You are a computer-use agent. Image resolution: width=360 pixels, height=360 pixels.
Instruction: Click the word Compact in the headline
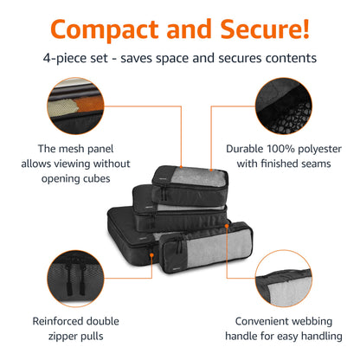[105, 29]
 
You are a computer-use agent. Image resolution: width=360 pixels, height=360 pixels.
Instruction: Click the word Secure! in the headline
[265, 29]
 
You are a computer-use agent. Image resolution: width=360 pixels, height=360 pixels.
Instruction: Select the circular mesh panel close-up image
[75, 106]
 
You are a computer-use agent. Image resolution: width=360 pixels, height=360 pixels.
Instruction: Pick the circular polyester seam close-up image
[284, 106]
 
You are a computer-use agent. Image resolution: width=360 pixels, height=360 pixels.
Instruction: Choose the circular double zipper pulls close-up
[75, 279]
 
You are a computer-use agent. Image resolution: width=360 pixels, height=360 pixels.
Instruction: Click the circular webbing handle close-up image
[284, 279]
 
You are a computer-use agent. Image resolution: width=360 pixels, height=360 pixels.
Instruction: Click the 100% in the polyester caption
[280, 149]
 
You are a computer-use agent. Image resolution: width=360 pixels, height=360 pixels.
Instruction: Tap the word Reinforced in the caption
[55, 321]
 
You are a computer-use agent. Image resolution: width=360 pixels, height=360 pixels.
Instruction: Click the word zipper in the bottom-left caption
[62, 337]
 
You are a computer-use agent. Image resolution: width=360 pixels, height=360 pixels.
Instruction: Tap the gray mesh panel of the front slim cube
[218, 247]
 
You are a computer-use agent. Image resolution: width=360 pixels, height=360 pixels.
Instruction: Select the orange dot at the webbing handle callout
[227, 226]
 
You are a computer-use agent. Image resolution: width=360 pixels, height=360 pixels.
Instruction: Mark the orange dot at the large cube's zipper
[151, 255]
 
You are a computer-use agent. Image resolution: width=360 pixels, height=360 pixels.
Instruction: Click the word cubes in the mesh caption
[96, 179]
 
